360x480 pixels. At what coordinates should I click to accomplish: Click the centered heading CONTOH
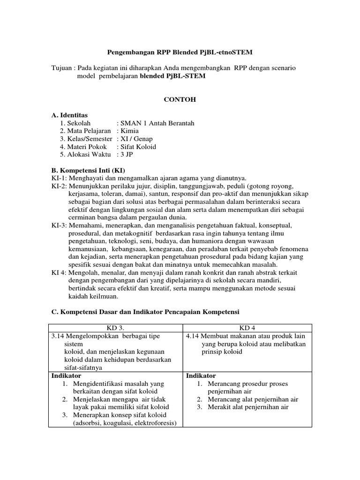point(180,100)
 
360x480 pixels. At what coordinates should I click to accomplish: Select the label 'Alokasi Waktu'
point(85,154)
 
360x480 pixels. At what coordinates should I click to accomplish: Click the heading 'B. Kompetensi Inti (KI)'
point(88,170)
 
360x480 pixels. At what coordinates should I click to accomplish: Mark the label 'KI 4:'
point(59,272)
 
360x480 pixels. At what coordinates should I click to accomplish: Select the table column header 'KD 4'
point(247,328)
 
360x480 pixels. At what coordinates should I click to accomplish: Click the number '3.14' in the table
point(58,336)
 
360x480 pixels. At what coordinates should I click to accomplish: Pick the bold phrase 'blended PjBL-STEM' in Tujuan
point(172,76)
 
